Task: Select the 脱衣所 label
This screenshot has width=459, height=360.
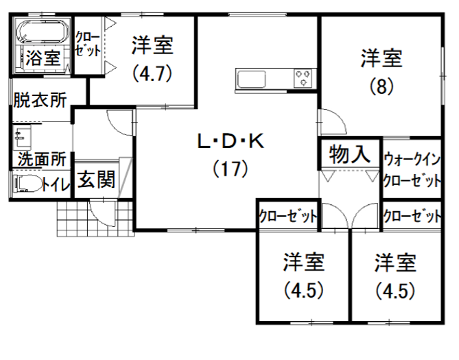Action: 40,99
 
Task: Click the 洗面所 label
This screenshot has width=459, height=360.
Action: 40,158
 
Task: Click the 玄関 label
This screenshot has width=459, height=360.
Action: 95,181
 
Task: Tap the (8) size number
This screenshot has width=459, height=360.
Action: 381,87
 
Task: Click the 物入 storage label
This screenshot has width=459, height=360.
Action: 348,154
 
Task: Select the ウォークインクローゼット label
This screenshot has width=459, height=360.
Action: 411,171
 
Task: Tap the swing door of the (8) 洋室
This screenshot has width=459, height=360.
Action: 333,124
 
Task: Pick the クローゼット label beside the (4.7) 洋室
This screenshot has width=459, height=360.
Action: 89,44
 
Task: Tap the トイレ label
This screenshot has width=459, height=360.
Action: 56,184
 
